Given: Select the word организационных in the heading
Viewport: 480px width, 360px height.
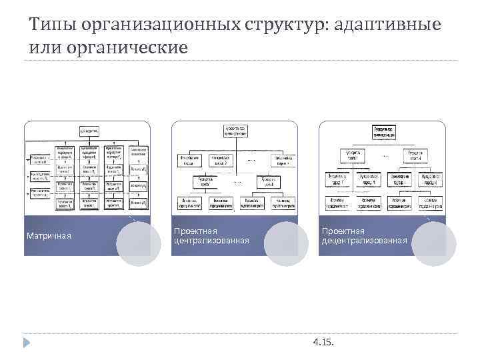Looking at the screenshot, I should click(x=159, y=25).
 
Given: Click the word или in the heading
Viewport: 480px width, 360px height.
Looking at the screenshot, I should click(x=45, y=48).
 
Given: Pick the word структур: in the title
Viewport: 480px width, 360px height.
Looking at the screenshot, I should click(x=287, y=25).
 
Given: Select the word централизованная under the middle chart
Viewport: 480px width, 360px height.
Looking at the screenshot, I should click(x=211, y=240).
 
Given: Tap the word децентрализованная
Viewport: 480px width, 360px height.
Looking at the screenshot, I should click(x=365, y=240).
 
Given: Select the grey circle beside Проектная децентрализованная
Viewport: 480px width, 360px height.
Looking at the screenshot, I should click(x=433, y=243).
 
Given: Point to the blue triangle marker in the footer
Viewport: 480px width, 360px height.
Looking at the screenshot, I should click(x=27, y=343).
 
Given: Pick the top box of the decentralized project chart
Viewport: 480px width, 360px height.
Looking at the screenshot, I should click(x=383, y=131).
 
